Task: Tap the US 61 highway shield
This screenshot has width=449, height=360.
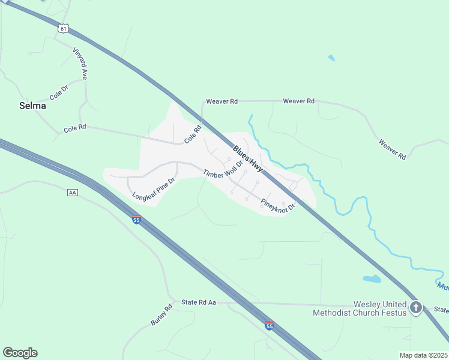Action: [64, 28]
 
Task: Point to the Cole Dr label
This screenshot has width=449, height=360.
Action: [58, 92]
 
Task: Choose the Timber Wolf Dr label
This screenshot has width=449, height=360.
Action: [223, 169]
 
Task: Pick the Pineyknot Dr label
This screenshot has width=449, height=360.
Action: [279, 202]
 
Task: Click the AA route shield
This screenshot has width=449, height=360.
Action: [73, 193]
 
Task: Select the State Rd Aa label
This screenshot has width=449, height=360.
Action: [198, 302]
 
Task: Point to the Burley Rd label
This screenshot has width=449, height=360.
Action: [161, 315]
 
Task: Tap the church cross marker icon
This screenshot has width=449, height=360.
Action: [416, 308]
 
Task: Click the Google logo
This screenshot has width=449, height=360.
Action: [20, 353]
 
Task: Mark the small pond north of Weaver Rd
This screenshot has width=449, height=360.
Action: [331, 58]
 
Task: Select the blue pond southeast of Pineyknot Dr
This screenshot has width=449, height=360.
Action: [372, 279]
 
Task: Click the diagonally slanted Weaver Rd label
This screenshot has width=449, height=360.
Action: [392, 149]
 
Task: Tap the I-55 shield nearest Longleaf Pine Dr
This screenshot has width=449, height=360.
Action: [136, 220]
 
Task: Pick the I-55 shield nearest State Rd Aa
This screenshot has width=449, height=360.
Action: [270, 325]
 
